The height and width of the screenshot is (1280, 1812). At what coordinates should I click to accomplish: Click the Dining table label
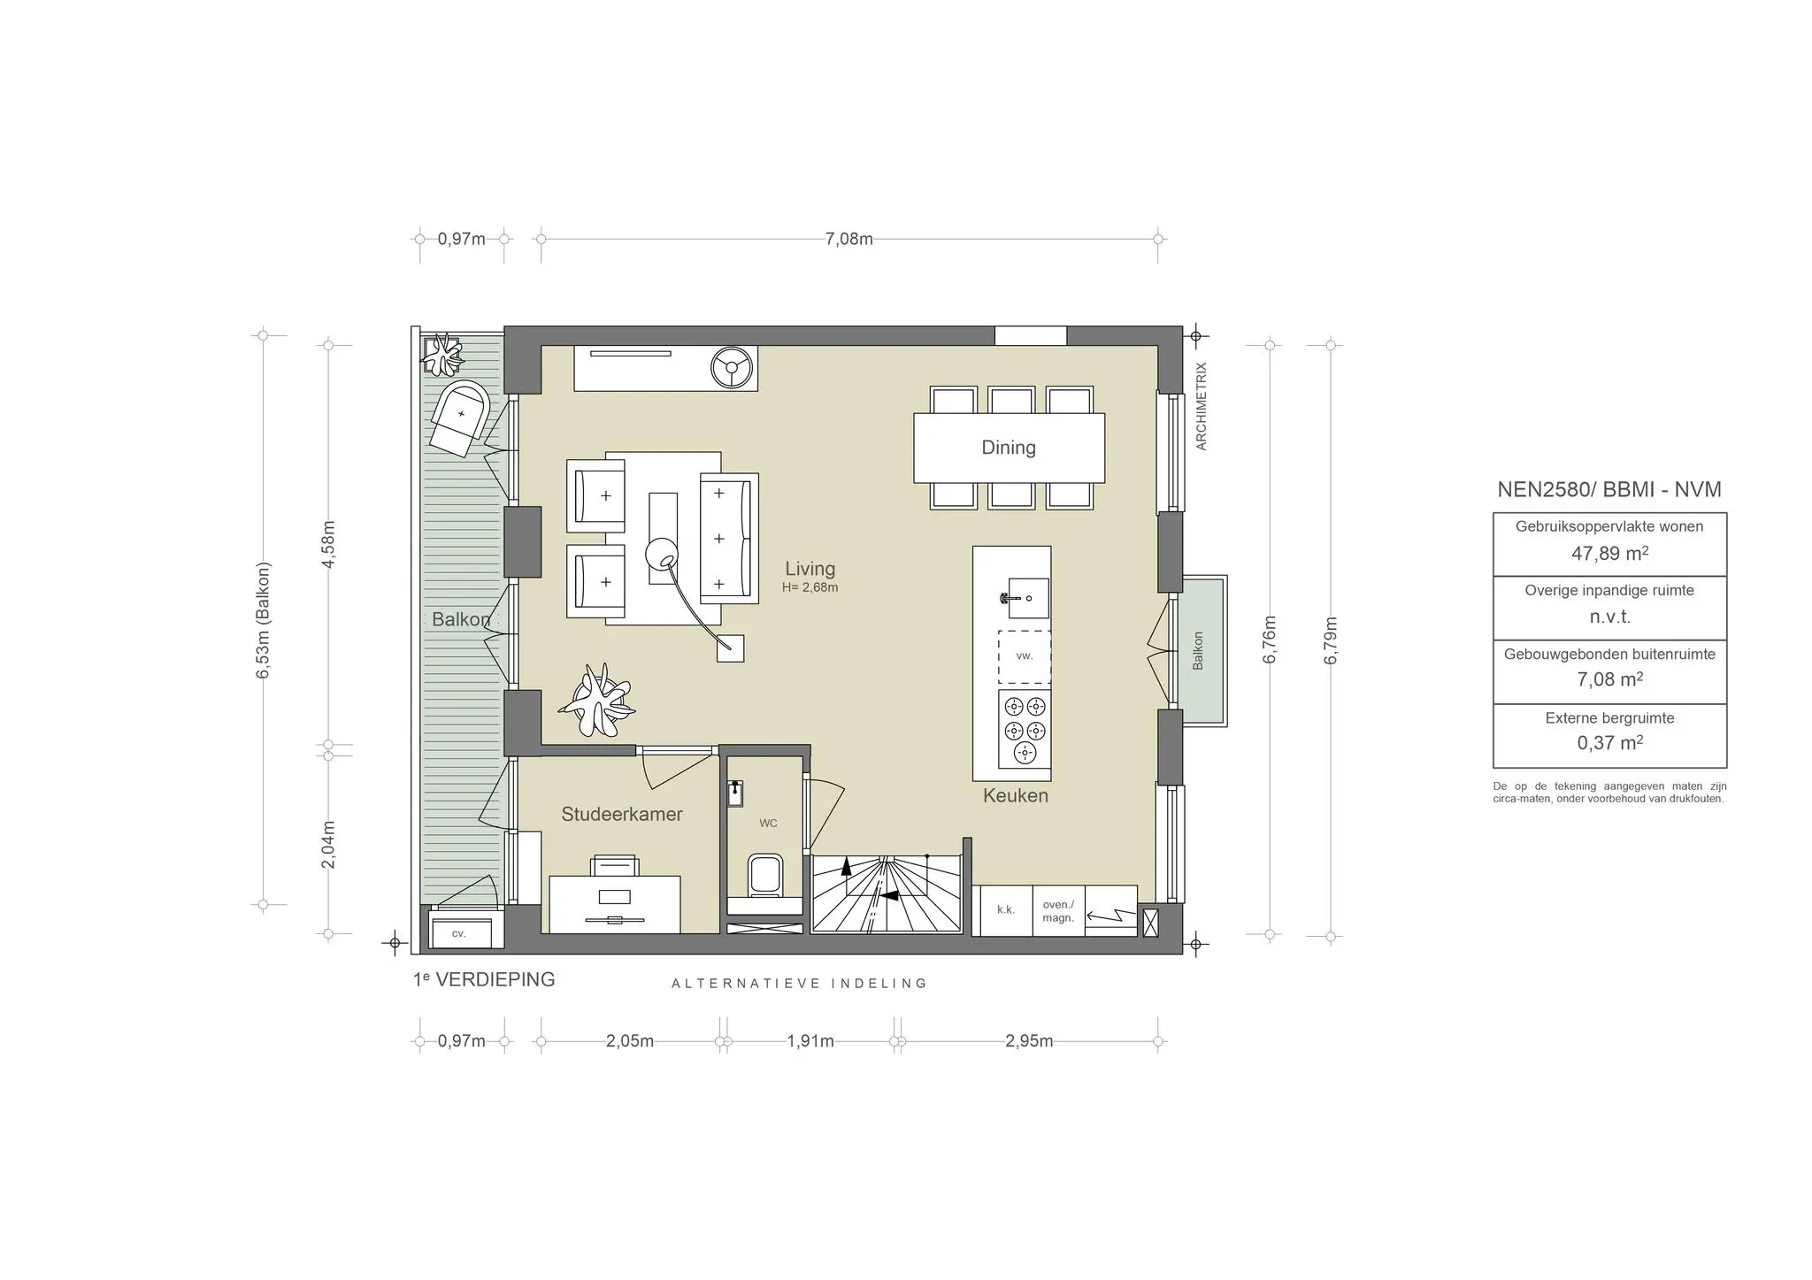point(1009,448)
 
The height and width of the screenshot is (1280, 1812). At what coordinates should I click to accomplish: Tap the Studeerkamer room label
point(622,814)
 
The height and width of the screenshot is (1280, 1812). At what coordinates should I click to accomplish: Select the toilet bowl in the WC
point(764,874)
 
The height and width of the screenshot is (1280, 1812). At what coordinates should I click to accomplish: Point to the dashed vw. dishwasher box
point(1025,656)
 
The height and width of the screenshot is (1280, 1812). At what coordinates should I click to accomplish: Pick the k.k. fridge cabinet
point(1006,910)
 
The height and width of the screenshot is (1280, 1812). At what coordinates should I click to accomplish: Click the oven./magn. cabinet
point(1058,910)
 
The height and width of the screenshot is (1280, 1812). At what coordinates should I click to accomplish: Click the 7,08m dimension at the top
point(849,239)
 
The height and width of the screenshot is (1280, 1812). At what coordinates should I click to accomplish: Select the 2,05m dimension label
point(630,1041)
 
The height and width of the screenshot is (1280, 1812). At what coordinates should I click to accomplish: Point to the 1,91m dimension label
point(810,1041)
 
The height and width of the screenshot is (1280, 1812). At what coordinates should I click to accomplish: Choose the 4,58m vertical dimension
point(328,544)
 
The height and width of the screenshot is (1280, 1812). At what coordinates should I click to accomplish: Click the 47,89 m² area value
point(1609,554)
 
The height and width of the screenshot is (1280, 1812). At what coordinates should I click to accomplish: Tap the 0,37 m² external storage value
point(1609,743)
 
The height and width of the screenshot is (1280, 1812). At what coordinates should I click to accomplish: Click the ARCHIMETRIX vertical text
point(1202,406)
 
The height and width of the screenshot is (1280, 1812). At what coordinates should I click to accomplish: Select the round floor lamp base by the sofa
point(660,555)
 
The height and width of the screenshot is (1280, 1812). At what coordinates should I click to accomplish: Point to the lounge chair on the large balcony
point(459,418)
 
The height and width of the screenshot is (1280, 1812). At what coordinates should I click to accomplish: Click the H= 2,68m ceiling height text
point(810,587)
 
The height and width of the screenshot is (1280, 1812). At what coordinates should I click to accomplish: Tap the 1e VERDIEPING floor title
point(484,979)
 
